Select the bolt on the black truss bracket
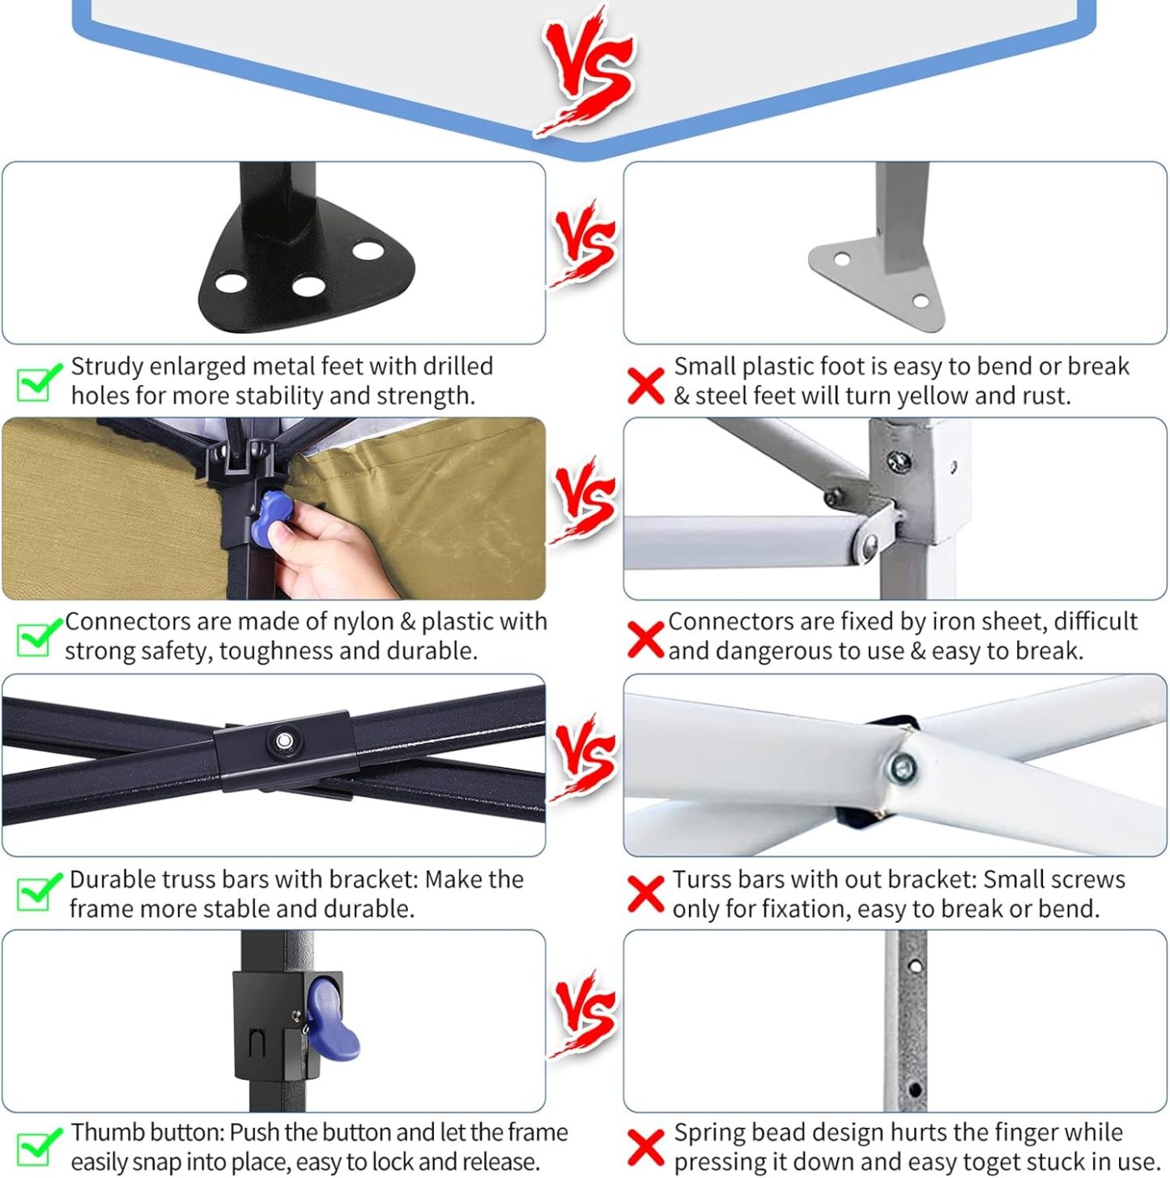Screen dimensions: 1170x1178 (283, 741)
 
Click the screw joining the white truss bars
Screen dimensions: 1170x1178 (901, 768)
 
